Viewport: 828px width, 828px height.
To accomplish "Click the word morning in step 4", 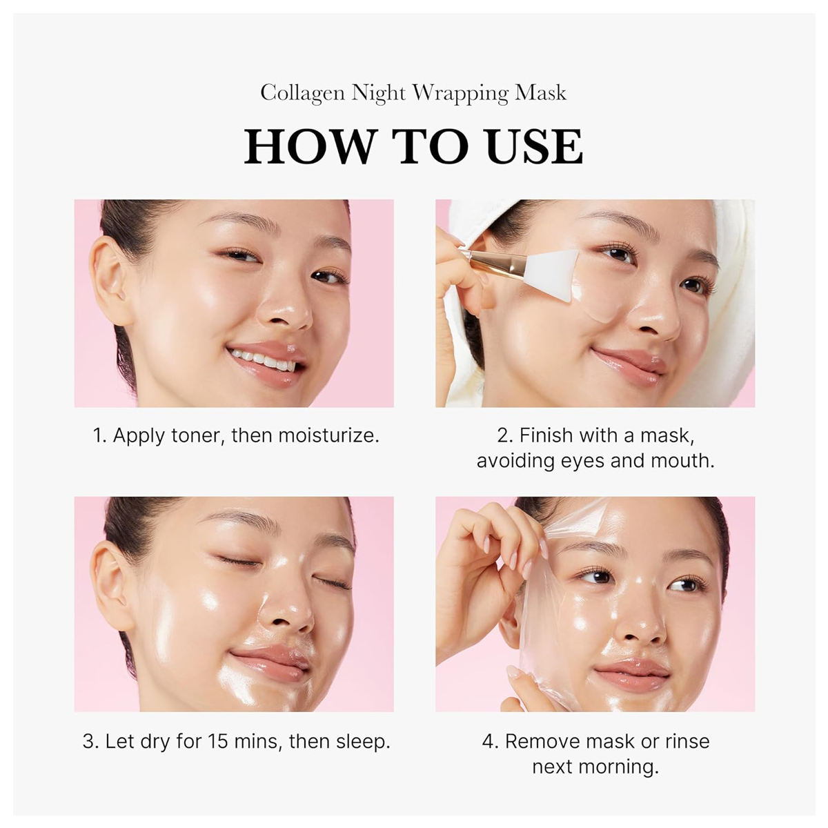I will (x=620, y=767).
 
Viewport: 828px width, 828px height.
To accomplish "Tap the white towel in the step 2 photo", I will (x=731, y=248).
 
